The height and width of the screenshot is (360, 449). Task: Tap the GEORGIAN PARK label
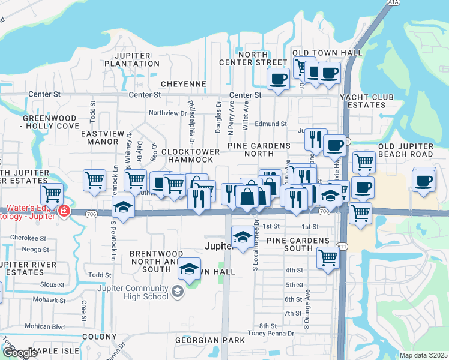pos(210,340)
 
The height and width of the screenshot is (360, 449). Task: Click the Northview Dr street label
pos(167,113)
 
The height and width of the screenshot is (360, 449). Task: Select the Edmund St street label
pos(270,124)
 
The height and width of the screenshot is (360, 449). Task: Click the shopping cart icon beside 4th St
pos(327,258)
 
